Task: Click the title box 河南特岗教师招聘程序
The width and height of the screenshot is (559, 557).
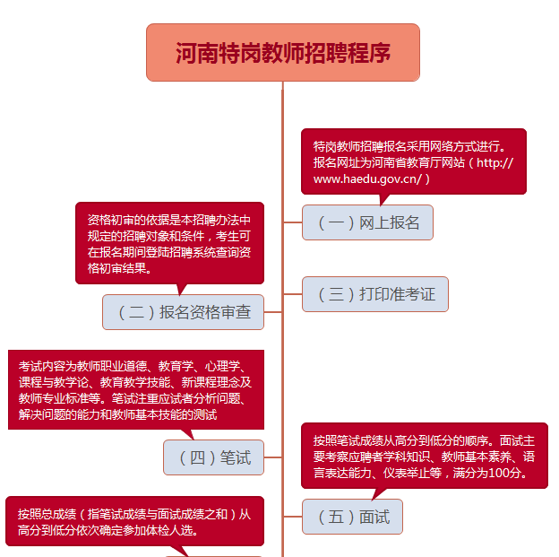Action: [x=282, y=52]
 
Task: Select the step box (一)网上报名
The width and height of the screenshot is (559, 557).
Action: [x=367, y=222]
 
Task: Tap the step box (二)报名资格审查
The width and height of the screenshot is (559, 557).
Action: [x=183, y=312]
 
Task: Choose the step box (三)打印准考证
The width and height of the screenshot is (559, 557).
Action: [x=374, y=294]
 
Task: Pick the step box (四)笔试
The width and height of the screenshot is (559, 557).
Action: [x=214, y=457]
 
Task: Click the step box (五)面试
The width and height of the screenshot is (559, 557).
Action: [x=352, y=517]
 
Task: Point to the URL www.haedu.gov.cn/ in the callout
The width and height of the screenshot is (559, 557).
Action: [x=367, y=178]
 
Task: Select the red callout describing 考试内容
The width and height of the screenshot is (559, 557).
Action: [x=136, y=389]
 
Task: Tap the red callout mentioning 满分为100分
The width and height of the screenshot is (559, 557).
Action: [x=424, y=456]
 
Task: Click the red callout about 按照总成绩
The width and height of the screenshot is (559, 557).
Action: [x=134, y=521]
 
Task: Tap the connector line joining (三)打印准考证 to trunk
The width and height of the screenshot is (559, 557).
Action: [x=292, y=294]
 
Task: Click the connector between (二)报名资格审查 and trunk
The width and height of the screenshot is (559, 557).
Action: [x=272, y=312]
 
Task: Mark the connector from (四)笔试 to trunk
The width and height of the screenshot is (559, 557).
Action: [x=273, y=457]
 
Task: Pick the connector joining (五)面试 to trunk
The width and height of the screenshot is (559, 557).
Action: [x=292, y=517]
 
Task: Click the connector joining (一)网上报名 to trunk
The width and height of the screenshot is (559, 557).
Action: [x=292, y=222]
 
